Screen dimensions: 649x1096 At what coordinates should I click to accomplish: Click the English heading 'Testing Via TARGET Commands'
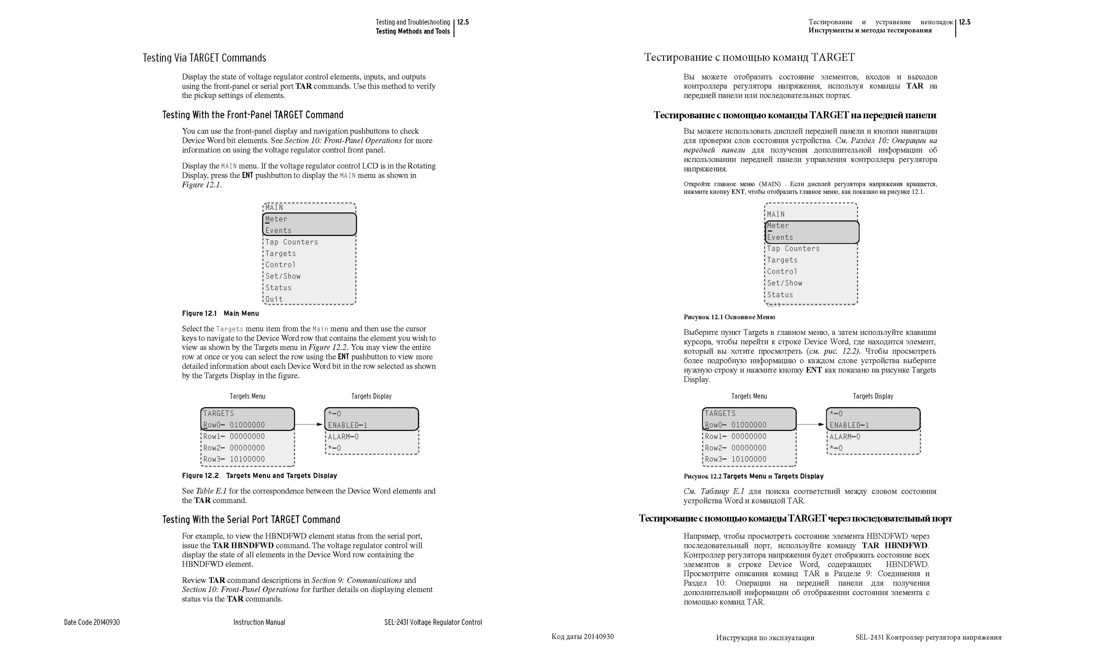pos(204,58)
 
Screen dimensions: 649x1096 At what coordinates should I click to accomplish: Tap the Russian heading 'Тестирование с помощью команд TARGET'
pos(749,57)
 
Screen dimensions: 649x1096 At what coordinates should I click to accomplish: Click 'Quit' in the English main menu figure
pos(274,299)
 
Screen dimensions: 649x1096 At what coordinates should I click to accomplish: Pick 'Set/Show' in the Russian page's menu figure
pos(785,283)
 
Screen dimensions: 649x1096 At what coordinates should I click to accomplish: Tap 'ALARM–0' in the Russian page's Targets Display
pos(845,437)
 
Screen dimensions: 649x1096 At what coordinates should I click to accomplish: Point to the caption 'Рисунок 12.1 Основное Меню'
pos(729,317)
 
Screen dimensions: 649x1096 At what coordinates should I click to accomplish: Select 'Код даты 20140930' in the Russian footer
pos(583,636)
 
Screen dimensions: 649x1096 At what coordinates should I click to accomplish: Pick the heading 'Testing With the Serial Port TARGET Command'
pos(251,519)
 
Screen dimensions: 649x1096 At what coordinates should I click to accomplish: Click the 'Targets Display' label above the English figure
pos(371,396)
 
